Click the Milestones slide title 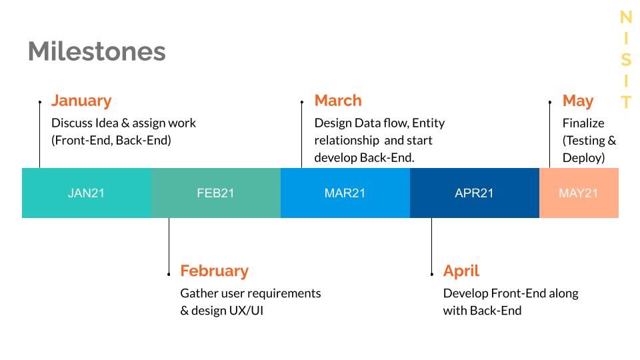click(x=97, y=51)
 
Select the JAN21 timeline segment click(x=87, y=193)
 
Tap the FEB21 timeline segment click(x=216, y=193)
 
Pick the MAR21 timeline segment click(x=345, y=193)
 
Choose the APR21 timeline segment click(x=475, y=193)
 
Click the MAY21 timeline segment click(x=579, y=193)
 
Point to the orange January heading click(x=81, y=101)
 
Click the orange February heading click(x=214, y=271)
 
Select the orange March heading click(x=338, y=101)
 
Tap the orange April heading click(x=461, y=271)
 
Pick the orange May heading click(x=578, y=101)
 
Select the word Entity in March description click(x=428, y=123)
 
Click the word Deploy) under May click(x=584, y=158)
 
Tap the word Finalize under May click(x=583, y=123)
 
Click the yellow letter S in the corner click(x=626, y=60)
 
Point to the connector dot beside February click(x=169, y=274)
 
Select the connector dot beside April click(x=432, y=274)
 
